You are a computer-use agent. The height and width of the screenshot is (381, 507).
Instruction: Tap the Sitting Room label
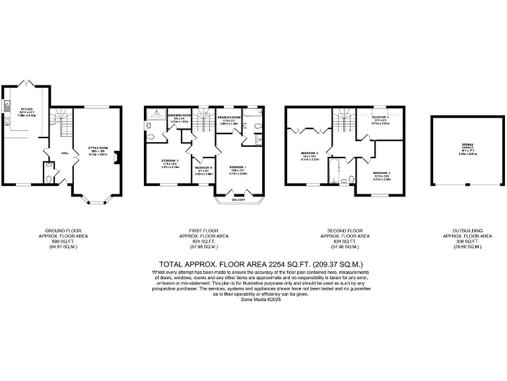(x=97, y=149)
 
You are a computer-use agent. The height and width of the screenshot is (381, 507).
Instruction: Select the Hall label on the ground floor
(x=65, y=153)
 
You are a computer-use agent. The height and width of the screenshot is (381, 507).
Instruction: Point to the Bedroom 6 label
(x=203, y=168)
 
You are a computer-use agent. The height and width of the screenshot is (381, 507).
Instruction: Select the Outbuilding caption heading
(x=467, y=231)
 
